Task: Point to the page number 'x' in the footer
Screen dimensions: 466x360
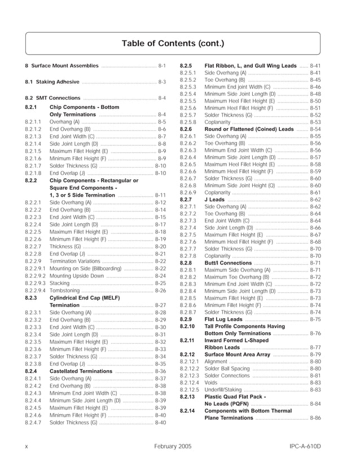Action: coord(27,446)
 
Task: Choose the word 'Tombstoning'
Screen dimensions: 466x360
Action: coord(65,290)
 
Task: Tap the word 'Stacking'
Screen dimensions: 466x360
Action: coord(60,283)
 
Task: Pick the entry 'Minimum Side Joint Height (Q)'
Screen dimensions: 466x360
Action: coord(239,185)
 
